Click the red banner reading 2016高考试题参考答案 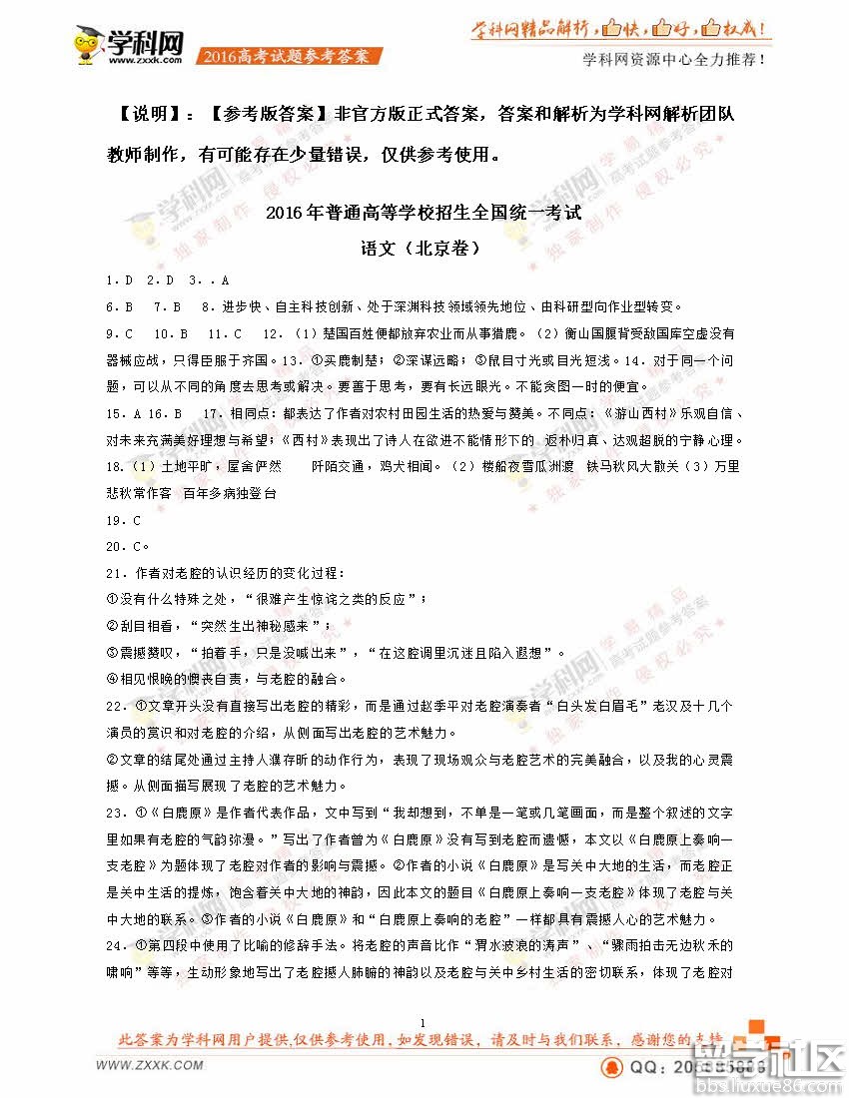[290, 56]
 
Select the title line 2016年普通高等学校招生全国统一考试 [424, 214]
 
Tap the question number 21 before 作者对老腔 [113, 573]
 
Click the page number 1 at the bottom [424, 1022]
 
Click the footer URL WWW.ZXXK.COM [150, 1066]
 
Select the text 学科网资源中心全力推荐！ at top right [674, 60]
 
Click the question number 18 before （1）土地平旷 [113, 466]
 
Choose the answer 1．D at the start [120, 280]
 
